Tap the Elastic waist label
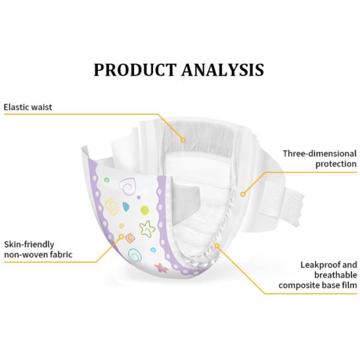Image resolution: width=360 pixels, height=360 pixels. click(28, 107)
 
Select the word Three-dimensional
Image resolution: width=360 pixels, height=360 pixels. click(320, 154)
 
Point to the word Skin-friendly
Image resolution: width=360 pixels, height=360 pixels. click(28, 245)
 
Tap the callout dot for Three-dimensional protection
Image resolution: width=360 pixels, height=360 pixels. click(242, 193)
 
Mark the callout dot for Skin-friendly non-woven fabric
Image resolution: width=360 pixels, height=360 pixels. click(122, 237)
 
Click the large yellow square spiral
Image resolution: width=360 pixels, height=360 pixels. click(112, 207)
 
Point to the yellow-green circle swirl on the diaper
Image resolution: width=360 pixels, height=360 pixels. click(145, 210)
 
